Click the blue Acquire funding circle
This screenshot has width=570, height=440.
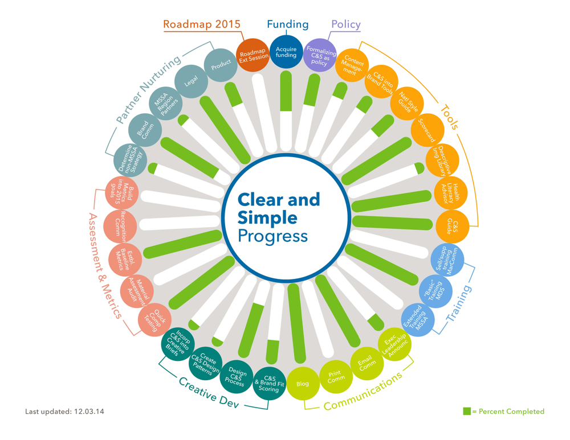(286, 52)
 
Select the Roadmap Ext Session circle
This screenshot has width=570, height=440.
(254, 55)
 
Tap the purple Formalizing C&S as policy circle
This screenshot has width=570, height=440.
(319, 55)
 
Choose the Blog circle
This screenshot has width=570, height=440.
(303, 383)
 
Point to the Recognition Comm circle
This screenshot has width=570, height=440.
(120, 225)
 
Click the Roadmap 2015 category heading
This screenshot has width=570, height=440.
(201, 24)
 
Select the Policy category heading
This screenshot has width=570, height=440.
(346, 24)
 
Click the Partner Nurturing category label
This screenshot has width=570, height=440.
(148, 89)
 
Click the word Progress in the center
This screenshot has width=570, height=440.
(272, 236)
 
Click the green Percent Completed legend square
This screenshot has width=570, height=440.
(467, 411)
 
